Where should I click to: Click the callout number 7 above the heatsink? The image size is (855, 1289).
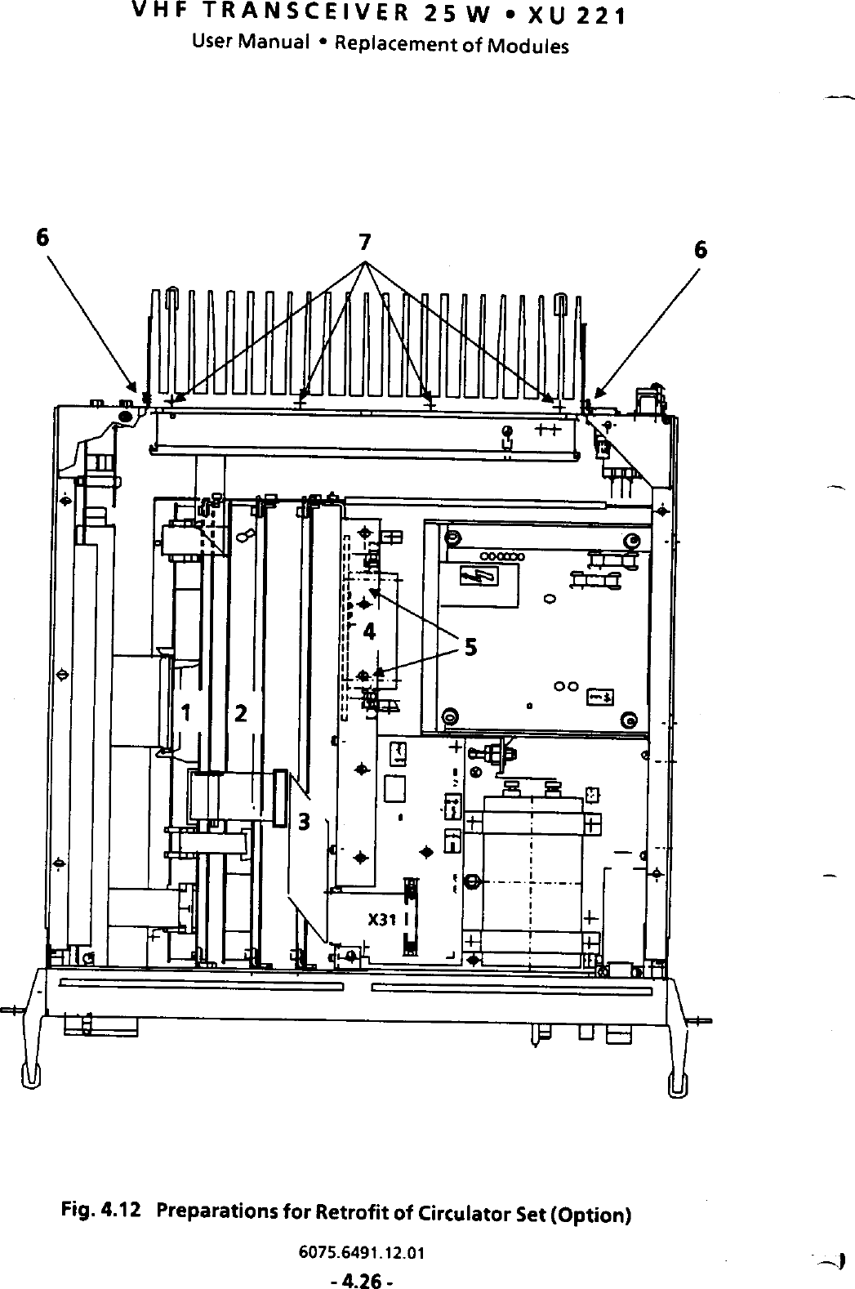(365, 242)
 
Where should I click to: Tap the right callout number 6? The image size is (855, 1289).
(700, 250)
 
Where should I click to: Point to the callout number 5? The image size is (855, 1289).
(470, 648)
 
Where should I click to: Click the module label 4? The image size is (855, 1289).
(369, 631)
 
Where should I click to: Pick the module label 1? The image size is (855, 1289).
(186, 713)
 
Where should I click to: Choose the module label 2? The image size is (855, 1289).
(241, 713)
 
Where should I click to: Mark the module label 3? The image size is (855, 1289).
(304, 821)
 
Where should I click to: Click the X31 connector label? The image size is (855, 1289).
(381, 920)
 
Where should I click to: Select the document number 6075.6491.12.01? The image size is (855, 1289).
(362, 1251)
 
